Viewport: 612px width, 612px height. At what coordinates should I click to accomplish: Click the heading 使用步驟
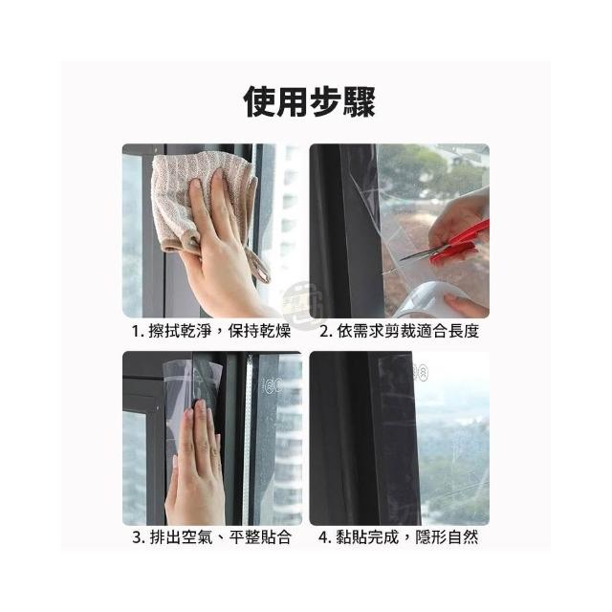coord(310,102)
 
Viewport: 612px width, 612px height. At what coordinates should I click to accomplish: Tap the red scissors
coord(448,246)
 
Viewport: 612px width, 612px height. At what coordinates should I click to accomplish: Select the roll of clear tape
coord(426,298)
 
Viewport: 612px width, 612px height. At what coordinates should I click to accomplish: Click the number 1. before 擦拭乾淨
coord(138,332)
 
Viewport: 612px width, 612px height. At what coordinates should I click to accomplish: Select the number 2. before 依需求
coord(326,332)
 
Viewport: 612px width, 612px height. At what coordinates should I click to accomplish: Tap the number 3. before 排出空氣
coord(139,537)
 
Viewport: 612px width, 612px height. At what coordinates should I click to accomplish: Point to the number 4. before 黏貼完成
coord(325,537)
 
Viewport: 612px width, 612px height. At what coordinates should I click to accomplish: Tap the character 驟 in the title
coord(360,102)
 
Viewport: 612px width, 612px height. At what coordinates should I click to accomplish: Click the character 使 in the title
coord(260,102)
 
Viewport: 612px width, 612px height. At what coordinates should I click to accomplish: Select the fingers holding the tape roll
coord(465,304)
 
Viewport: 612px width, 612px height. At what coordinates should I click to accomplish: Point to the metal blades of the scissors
coord(419,253)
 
